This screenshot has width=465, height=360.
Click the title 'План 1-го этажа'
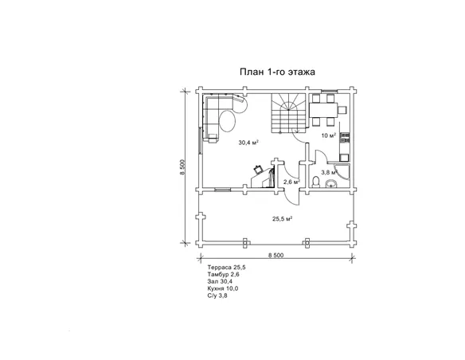click(277, 72)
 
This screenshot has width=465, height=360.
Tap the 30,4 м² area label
click(248, 143)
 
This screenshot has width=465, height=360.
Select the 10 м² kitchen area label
click(329, 135)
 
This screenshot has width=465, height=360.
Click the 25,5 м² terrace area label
click(283, 219)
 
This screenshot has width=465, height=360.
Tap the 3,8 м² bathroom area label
click(330, 172)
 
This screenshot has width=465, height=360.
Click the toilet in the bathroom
click(316, 182)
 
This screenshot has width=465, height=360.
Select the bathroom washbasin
click(331, 184)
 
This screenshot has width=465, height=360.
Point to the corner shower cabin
click(343, 172)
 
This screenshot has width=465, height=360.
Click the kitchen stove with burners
click(346, 138)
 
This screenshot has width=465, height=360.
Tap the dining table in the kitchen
click(323, 110)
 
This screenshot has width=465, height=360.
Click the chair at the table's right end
click(342, 110)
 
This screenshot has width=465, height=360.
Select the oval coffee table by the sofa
click(228, 121)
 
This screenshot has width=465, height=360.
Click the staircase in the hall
click(289, 112)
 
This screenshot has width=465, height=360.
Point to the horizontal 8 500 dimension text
click(275, 256)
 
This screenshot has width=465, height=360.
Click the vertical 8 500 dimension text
click(182, 167)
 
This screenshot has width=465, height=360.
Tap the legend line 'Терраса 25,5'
click(227, 268)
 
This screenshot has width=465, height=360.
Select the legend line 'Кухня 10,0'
click(223, 288)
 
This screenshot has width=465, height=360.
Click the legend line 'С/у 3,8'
click(217, 295)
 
